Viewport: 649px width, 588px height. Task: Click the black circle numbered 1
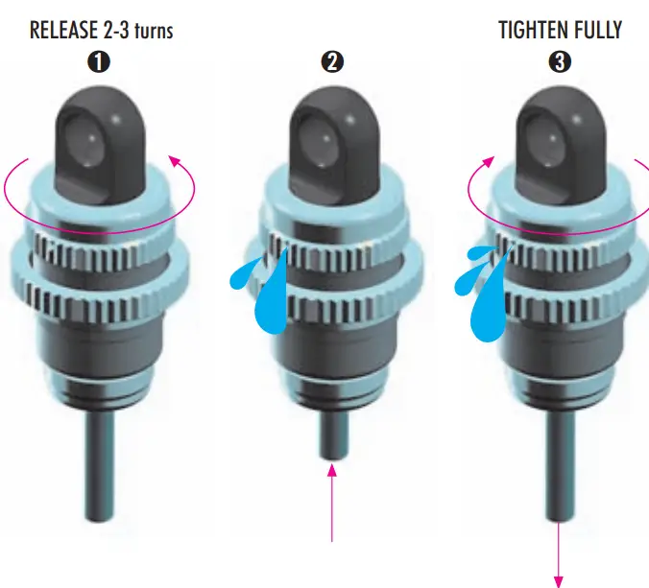99,62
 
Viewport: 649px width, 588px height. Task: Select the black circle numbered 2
332,62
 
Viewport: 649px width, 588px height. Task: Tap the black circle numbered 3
560,62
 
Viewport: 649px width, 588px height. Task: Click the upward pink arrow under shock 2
332,503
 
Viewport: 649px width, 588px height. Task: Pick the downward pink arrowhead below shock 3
559,581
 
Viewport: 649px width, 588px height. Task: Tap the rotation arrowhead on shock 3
489,161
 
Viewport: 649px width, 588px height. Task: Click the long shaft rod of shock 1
99,466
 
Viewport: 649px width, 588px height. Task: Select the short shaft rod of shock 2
334,435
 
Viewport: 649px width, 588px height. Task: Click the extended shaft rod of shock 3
560,466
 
